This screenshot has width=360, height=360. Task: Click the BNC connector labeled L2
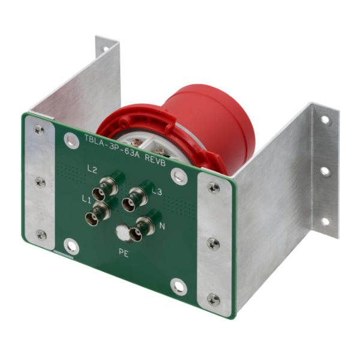[106, 188]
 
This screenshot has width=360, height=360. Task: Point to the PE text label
[124, 253]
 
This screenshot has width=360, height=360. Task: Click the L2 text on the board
[92, 169]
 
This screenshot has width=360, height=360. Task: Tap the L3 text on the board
[157, 191]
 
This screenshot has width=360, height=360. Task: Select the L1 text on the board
[86, 199]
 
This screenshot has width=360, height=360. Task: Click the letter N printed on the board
[162, 226]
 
